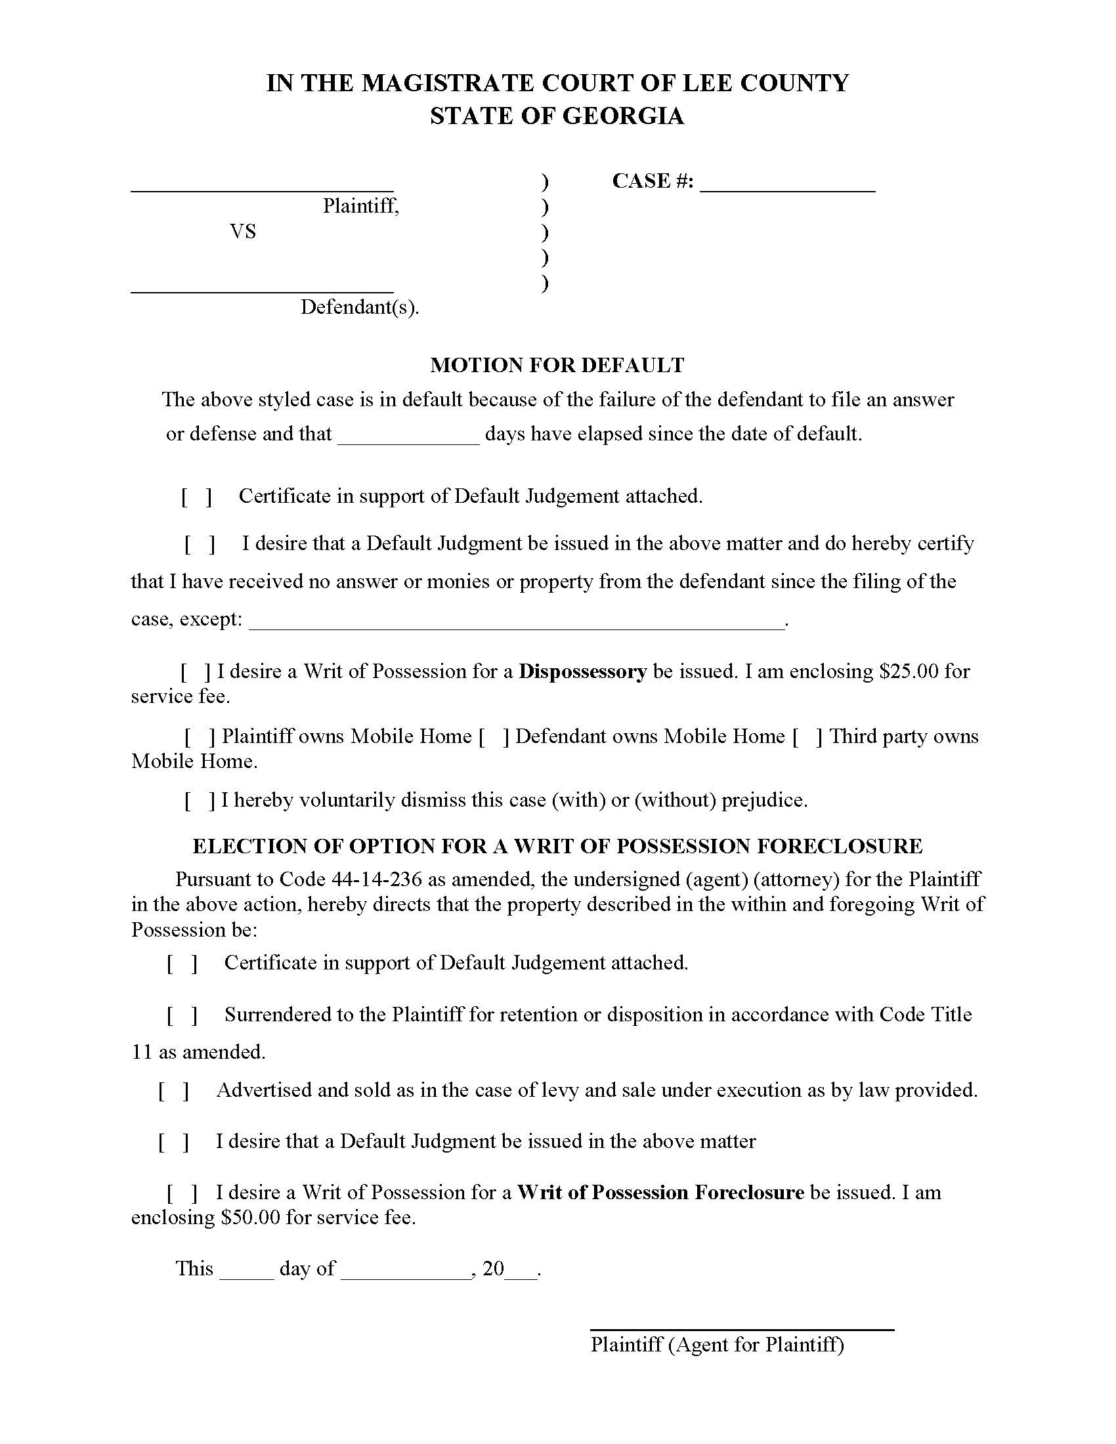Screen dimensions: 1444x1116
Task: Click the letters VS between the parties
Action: click(243, 232)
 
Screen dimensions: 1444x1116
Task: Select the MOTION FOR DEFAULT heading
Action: click(557, 365)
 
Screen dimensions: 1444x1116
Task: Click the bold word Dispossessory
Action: click(582, 671)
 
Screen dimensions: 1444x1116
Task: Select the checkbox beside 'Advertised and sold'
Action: click(173, 1090)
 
